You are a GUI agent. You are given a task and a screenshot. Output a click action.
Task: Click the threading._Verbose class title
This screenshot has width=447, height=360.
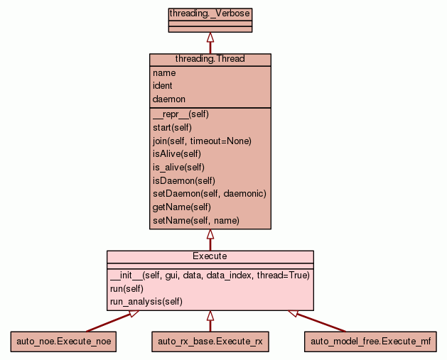210,13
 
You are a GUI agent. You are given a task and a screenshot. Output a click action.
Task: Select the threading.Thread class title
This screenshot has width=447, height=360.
210,59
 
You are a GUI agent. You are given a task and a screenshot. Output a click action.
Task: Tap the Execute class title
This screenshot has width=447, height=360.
210,256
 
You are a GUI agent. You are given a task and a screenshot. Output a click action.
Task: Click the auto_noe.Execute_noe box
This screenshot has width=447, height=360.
63,342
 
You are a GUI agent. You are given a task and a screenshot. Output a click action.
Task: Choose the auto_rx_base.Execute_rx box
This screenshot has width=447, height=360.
210,342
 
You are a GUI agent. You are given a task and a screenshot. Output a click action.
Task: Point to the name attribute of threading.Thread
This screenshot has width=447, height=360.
164,72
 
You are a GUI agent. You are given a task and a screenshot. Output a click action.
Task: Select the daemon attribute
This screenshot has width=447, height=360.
169,99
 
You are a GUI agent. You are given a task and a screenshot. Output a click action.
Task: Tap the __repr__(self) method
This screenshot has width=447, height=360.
181,114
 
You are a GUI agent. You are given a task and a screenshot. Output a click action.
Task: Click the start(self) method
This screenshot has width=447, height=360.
172,127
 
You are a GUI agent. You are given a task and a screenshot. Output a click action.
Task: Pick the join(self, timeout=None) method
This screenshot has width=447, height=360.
202,141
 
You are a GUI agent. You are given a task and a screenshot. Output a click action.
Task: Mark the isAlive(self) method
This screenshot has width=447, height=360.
177,154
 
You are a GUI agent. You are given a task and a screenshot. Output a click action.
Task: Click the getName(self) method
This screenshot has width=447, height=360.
182,207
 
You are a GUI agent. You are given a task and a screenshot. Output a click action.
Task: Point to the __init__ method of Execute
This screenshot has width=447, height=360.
210,275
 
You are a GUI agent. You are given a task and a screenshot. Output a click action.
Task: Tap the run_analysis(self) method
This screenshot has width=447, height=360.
146,301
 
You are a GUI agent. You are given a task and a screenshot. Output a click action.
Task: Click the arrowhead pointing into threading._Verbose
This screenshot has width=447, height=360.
210,36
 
